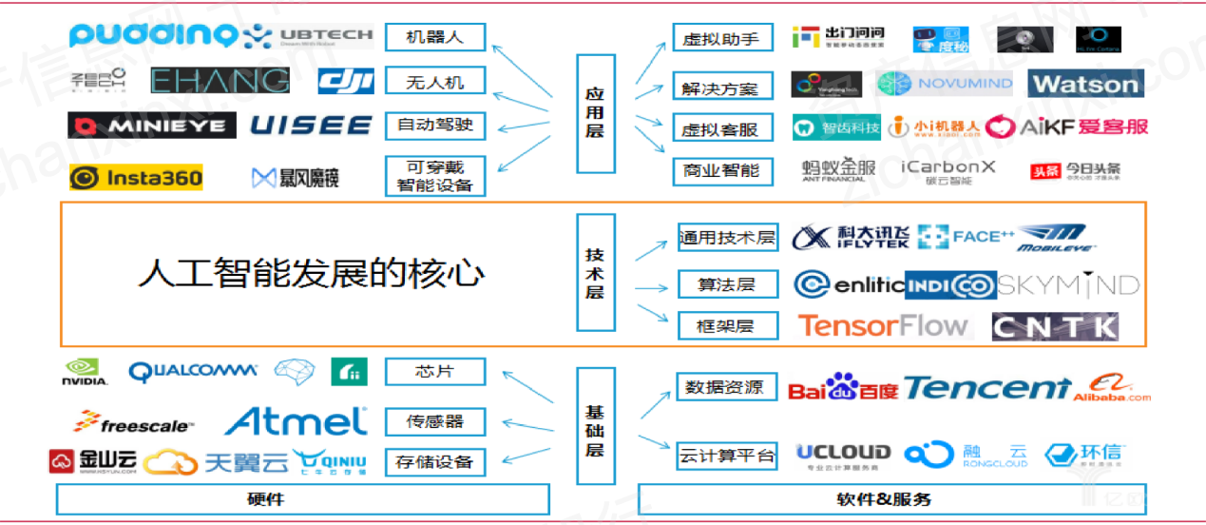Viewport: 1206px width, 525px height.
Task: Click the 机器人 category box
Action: coord(435,38)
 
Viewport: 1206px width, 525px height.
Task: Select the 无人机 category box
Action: coord(435,82)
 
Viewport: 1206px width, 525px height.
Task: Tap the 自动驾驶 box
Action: coord(435,125)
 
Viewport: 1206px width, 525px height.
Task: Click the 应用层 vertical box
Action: coord(595,112)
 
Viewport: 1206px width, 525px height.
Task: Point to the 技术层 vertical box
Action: coord(595,274)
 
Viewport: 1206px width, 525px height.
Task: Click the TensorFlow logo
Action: coord(883,326)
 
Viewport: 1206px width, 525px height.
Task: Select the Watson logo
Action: coord(1085,85)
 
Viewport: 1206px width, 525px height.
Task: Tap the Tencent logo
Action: coord(986,388)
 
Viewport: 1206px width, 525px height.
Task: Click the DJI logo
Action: coord(346,82)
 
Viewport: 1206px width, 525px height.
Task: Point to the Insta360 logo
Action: coord(136,177)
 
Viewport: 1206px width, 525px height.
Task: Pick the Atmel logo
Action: coord(296,420)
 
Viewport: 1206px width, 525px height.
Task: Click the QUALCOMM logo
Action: coord(193,372)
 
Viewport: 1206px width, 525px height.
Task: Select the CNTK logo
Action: coord(1055,327)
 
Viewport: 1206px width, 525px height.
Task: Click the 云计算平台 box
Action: coord(726,456)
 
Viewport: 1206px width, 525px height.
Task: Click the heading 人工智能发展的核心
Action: coord(312,274)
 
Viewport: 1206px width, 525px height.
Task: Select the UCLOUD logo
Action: coord(843,455)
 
